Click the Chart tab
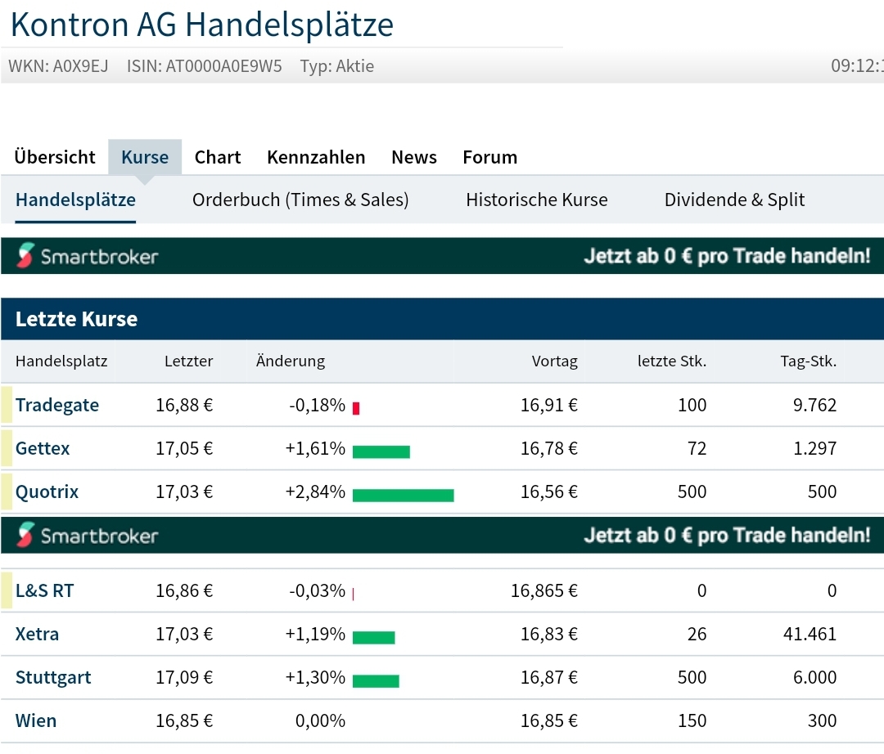[x=218, y=157]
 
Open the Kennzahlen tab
[x=316, y=157]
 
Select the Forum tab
[x=489, y=157]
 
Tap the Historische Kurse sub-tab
[x=536, y=200]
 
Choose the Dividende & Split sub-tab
[x=734, y=200]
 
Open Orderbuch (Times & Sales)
[x=300, y=200]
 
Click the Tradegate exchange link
[x=57, y=405]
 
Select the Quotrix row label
[x=47, y=491]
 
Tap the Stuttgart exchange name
[x=53, y=677]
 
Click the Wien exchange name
[x=36, y=720]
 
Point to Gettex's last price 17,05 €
[x=184, y=448]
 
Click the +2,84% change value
[x=315, y=491]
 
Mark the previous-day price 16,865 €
[x=543, y=590]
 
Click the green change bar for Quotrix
[x=403, y=495]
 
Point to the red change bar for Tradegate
[x=356, y=408]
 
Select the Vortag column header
[x=554, y=361]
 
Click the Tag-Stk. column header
[x=808, y=361]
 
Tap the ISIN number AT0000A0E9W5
[x=223, y=66]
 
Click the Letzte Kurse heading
[x=77, y=319]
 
